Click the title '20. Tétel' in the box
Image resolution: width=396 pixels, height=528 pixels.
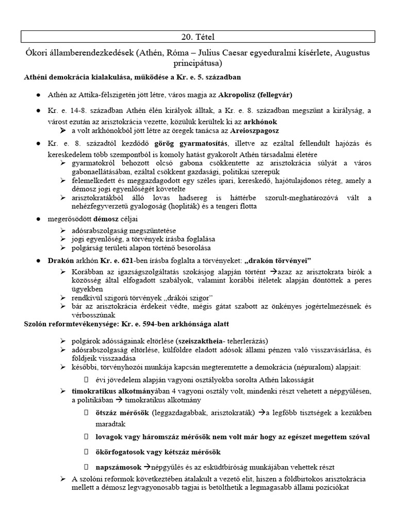(x=197, y=37)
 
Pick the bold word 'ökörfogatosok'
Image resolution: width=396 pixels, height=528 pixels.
(x=121, y=452)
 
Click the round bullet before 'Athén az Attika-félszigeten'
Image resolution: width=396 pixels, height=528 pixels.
(x=39, y=96)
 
